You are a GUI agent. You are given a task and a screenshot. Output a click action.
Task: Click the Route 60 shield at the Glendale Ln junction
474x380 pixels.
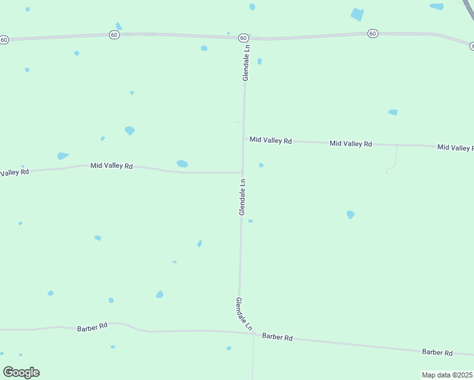click(x=243, y=38)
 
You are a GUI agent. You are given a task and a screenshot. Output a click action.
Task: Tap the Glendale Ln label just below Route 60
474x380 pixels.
click(x=247, y=62)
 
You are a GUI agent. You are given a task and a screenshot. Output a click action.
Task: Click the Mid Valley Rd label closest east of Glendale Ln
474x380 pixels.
click(x=271, y=140)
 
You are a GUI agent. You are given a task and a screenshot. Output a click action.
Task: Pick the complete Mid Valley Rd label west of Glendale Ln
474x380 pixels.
click(x=112, y=166)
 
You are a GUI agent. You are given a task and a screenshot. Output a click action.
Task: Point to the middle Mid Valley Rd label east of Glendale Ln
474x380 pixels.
click(x=350, y=144)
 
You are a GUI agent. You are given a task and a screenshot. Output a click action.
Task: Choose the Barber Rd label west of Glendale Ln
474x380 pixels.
click(x=93, y=327)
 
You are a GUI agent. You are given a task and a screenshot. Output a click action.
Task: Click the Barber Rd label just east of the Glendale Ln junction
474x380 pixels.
click(x=277, y=338)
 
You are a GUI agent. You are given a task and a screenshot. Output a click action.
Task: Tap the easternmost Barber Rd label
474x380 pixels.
click(x=437, y=352)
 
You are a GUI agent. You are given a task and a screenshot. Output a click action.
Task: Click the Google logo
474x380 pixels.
click(x=22, y=372)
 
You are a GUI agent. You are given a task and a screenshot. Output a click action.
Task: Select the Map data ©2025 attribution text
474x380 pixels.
click(x=447, y=375)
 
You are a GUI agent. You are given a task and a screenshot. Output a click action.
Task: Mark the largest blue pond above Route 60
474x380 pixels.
click(x=357, y=15)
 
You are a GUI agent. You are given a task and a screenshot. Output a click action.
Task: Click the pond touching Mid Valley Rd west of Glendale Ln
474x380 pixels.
click(x=183, y=164)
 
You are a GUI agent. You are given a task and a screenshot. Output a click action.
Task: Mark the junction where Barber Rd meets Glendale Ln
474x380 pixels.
click(x=253, y=333)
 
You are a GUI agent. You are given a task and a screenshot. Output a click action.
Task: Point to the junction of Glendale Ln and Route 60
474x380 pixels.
click(x=245, y=38)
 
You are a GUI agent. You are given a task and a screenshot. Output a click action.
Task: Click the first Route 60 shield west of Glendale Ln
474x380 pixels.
click(x=114, y=35)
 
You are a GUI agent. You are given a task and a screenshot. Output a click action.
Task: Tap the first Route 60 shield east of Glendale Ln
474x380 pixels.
click(x=373, y=33)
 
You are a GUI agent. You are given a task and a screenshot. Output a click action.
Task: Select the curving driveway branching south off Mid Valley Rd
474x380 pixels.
click(x=393, y=162)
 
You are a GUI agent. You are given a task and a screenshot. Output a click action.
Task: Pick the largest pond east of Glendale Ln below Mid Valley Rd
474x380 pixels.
click(x=350, y=215)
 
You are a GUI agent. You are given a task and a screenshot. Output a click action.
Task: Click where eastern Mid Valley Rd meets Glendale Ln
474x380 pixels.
click(x=243, y=139)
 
